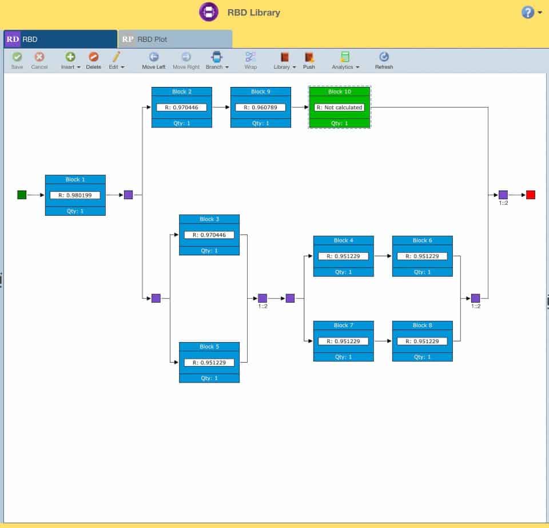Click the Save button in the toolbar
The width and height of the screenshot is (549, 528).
tap(17, 59)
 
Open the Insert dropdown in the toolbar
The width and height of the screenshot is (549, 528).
tap(70, 59)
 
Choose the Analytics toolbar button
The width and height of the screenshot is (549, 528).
tap(345, 59)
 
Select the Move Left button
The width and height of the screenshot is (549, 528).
tap(153, 59)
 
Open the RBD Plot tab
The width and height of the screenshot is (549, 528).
tap(175, 39)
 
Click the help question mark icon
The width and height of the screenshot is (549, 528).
tap(528, 12)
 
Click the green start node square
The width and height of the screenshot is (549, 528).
tap(22, 195)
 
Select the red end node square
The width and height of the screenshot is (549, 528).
tap(531, 195)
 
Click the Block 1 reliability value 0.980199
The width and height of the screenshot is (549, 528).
tap(75, 195)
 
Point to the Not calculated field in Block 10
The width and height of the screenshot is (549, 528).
tap(339, 107)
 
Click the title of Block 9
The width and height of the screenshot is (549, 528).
tap(260, 92)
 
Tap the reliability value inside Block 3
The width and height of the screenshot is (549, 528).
tap(209, 235)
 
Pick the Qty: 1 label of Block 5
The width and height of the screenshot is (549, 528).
tap(209, 378)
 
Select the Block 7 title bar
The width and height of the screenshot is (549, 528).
tap(343, 325)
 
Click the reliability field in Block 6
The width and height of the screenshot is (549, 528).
tap(422, 256)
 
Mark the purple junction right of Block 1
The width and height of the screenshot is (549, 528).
tap(128, 195)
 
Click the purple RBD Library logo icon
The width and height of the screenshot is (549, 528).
tap(209, 12)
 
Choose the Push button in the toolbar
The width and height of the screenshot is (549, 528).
tap(309, 59)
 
